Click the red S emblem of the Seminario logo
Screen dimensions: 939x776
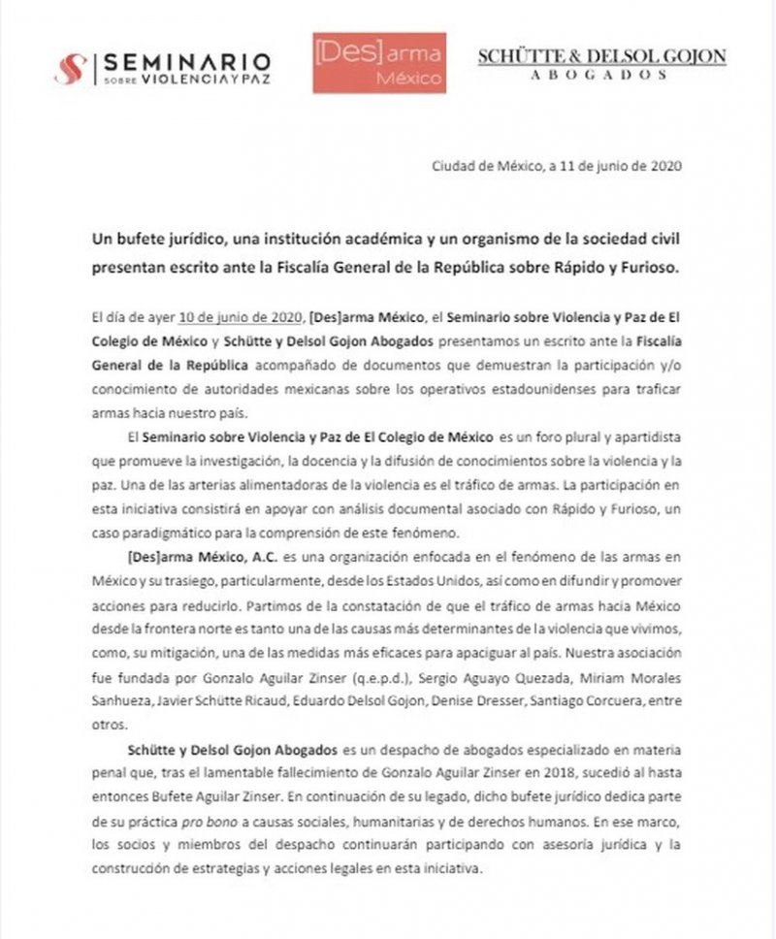click(x=71, y=67)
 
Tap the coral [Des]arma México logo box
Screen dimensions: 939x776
click(x=379, y=62)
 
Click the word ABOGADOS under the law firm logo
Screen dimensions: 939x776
click(x=600, y=74)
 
